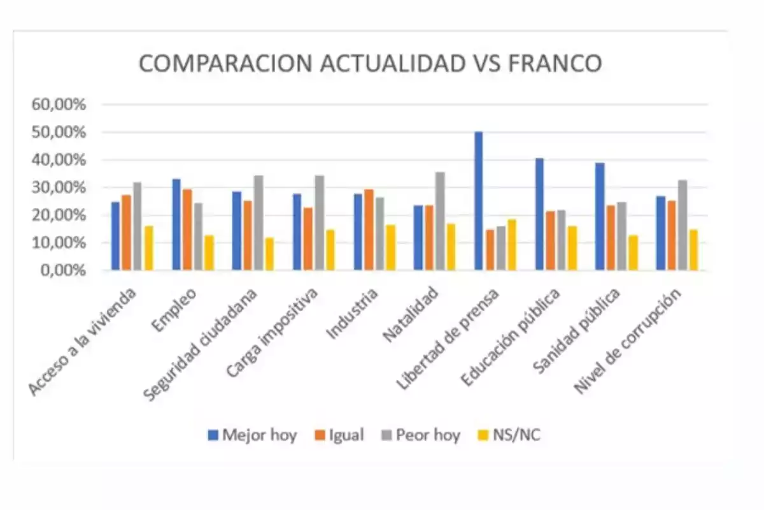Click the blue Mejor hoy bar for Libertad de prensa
tap(479, 201)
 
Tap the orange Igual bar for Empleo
tap(187, 229)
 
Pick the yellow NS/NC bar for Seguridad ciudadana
tap(270, 254)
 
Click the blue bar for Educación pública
tap(539, 214)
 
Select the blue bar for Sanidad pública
tap(600, 217)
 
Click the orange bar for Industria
tap(369, 229)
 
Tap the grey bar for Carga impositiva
tap(320, 222)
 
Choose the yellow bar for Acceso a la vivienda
tap(148, 248)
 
